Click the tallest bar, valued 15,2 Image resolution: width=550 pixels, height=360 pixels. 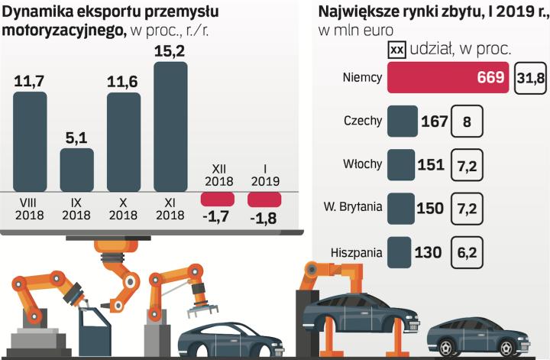[x=170, y=126]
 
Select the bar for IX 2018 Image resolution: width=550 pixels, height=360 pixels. [x=76, y=169]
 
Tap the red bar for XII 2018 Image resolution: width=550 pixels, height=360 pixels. [x=217, y=199]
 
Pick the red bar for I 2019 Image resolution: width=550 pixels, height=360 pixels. [x=264, y=199]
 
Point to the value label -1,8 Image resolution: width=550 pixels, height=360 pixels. [x=264, y=219]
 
